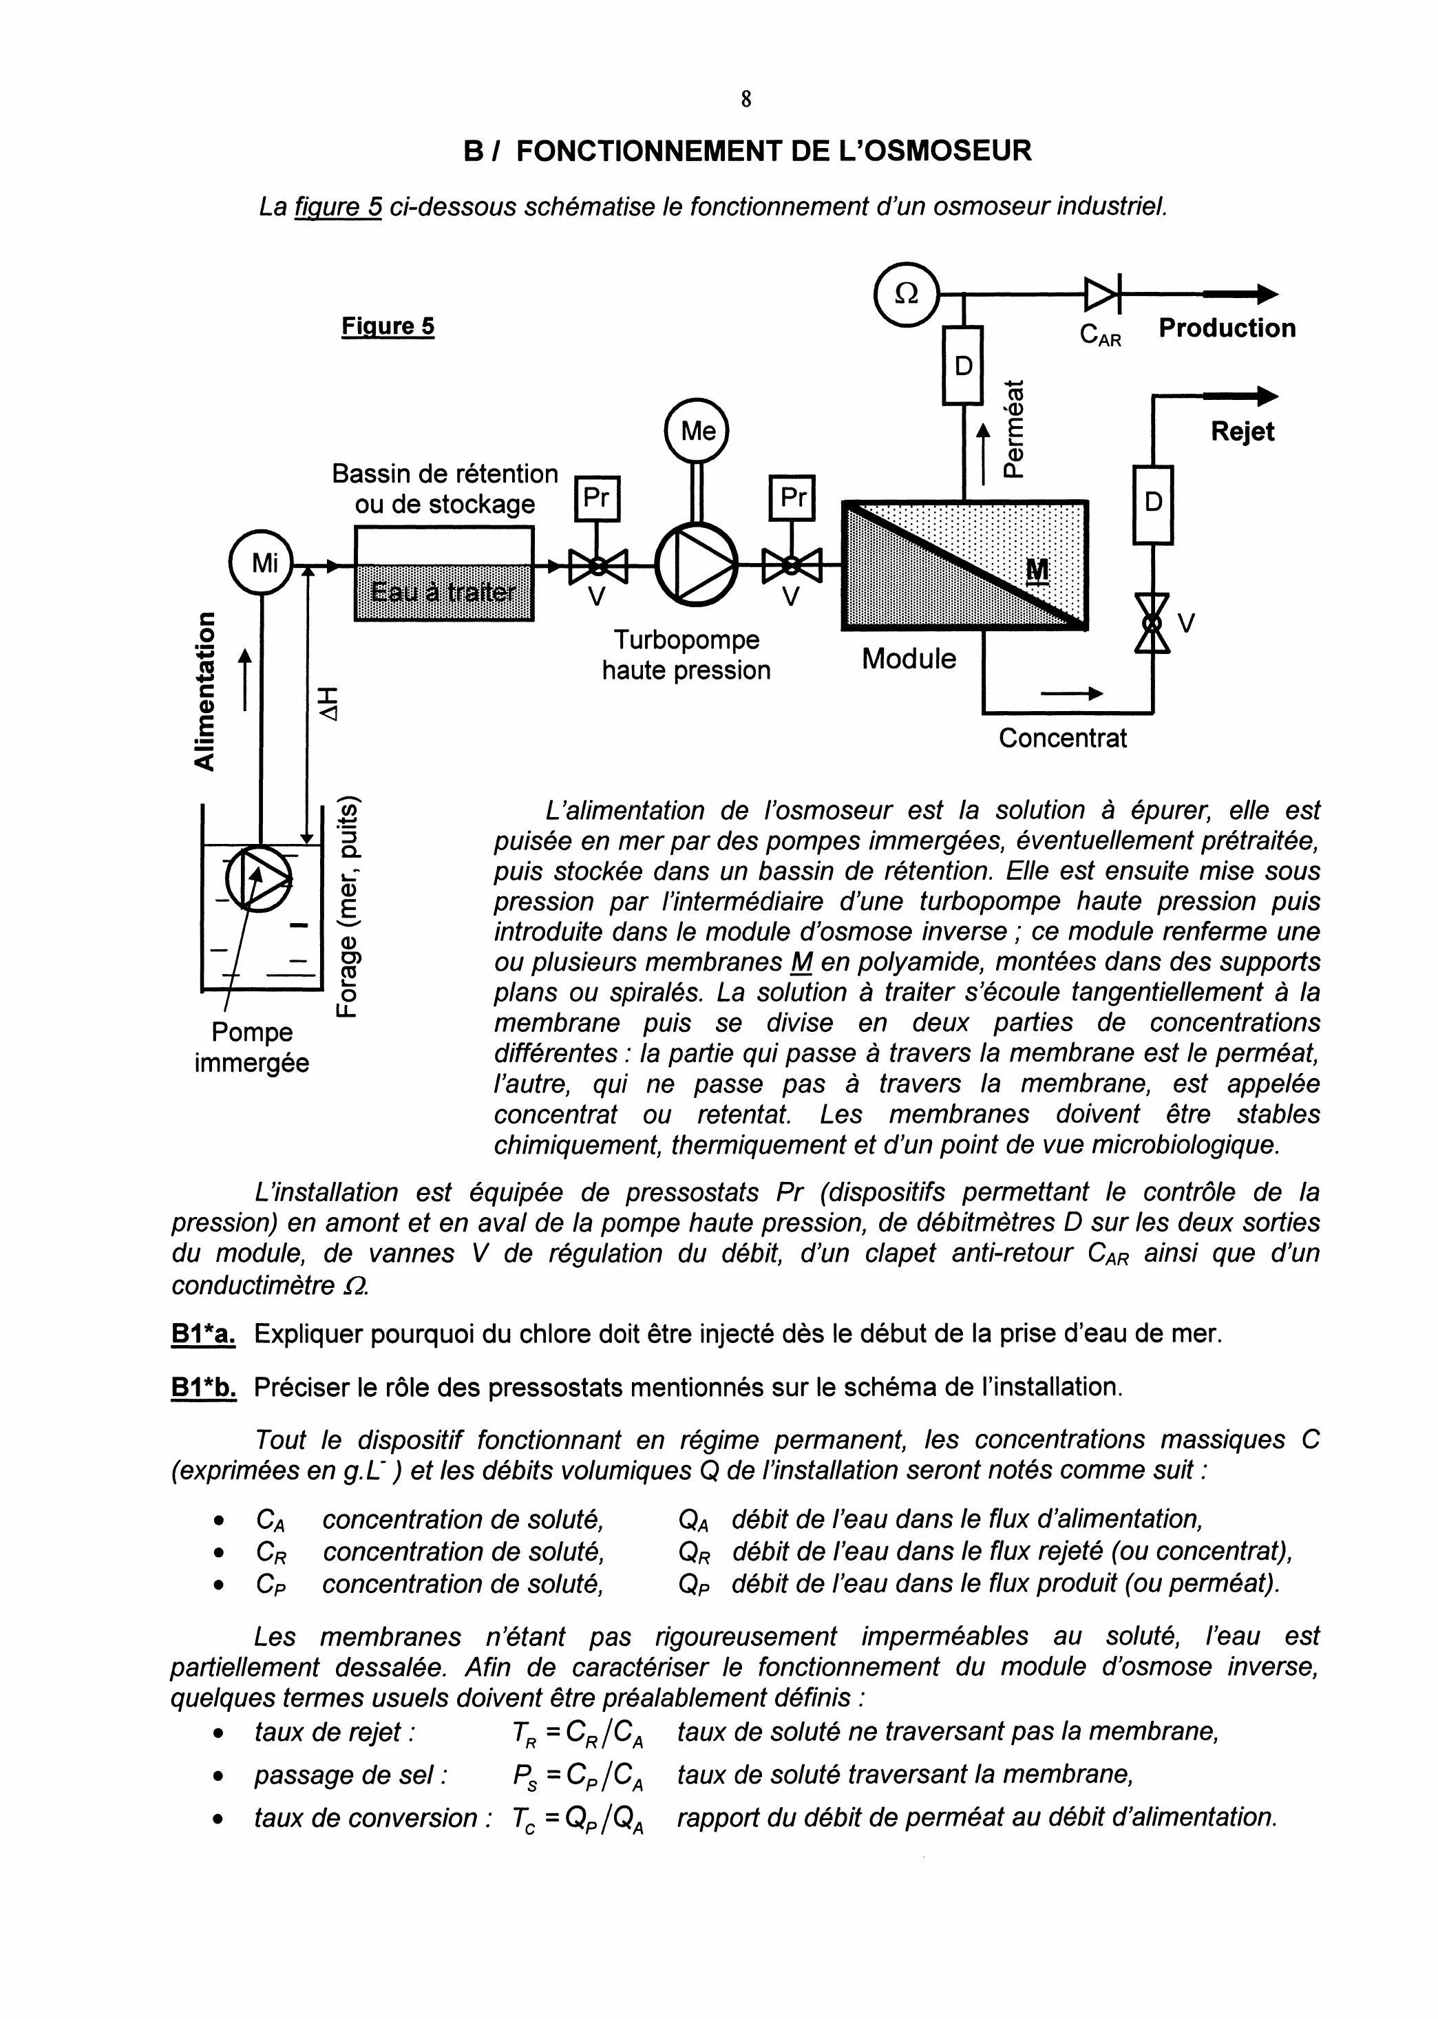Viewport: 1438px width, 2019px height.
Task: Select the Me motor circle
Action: coord(698,431)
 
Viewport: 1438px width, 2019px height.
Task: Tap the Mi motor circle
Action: coord(262,563)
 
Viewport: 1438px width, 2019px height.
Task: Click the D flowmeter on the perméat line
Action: coord(964,365)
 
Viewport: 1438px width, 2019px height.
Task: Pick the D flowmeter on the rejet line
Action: coord(1153,504)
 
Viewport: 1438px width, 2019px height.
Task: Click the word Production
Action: coord(1227,328)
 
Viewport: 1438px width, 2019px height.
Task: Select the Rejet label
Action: coord(1243,432)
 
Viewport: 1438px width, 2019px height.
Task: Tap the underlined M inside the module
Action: coord(1037,571)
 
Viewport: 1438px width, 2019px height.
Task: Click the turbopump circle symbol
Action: coord(697,563)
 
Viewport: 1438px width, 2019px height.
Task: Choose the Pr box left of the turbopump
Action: coord(598,498)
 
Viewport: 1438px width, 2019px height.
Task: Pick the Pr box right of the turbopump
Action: coord(792,498)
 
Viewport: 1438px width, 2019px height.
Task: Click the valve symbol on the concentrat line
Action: coord(1153,624)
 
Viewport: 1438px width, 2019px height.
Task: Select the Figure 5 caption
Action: coord(388,327)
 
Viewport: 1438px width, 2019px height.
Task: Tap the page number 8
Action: coord(746,99)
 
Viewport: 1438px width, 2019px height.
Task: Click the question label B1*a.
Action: coord(203,1333)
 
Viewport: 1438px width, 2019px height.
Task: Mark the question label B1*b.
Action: coord(204,1387)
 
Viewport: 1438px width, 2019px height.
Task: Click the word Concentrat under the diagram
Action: coord(1063,739)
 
